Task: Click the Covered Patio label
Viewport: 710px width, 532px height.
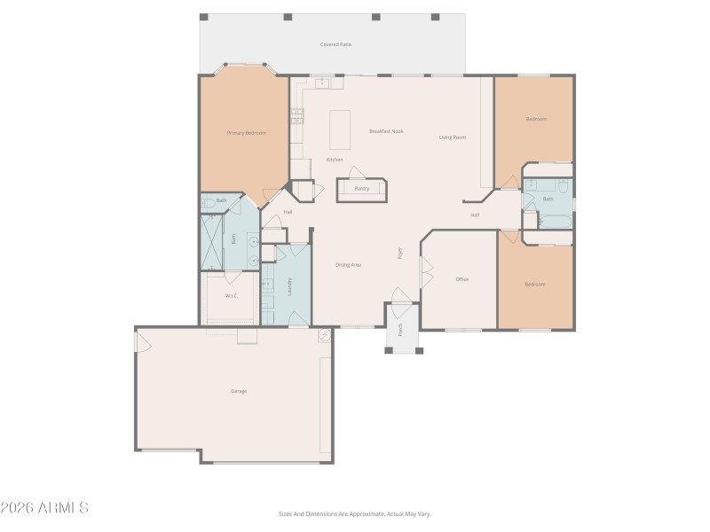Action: tap(336, 44)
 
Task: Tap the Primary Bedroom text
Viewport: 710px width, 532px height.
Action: tap(246, 133)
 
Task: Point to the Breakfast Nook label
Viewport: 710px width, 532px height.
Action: tap(386, 131)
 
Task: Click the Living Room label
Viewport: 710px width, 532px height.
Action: tap(452, 137)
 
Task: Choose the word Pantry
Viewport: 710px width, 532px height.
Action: tap(361, 189)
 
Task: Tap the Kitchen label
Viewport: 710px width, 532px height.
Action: tap(335, 160)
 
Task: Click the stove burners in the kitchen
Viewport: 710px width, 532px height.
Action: tap(296, 114)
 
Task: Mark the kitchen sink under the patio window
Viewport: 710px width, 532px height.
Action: tap(320, 82)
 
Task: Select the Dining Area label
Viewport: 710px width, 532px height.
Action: tap(348, 265)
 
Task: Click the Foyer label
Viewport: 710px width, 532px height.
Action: tap(399, 254)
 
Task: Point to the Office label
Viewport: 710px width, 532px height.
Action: tap(461, 279)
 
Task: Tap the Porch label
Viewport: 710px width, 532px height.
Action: tap(401, 329)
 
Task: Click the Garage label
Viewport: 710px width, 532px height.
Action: tap(239, 391)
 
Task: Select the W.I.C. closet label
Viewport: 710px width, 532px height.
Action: tap(231, 296)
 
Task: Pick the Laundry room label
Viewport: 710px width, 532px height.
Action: tap(289, 286)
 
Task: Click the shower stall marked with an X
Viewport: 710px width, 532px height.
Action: tap(211, 241)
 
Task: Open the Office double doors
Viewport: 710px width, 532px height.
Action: tap(425, 273)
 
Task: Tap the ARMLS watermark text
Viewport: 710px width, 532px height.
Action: tap(44, 508)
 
